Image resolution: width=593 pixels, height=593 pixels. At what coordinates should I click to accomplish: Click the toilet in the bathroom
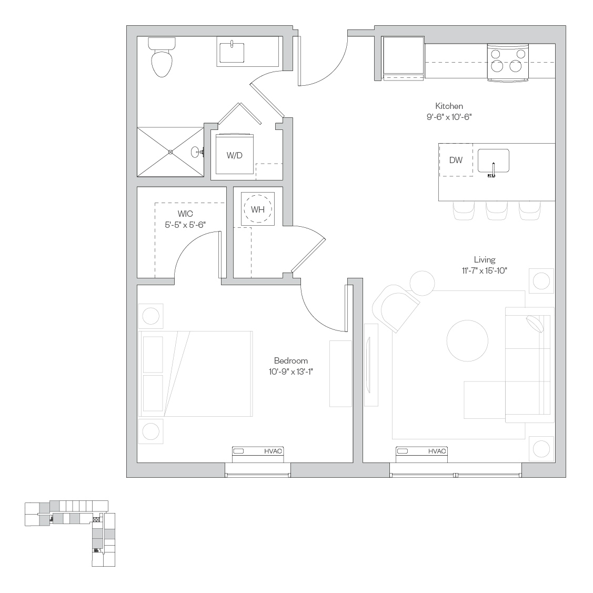pyautogui.click(x=162, y=57)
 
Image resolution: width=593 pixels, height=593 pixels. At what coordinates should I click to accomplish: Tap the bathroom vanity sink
pyautogui.click(x=232, y=53)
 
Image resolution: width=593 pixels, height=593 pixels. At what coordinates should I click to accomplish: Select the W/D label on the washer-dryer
pyautogui.click(x=235, y=155)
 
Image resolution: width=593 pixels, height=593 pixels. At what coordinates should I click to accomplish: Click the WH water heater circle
pyautogui.click(x=257, y=209)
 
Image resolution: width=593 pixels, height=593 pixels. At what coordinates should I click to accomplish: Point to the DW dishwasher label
pyautogui.click(x=456, y=160)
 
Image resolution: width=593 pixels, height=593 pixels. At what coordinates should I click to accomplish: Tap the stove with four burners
pyautogui.click(x=508, y=63)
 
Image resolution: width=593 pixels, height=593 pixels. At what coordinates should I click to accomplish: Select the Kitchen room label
pyautogui.click(x=449, y=106)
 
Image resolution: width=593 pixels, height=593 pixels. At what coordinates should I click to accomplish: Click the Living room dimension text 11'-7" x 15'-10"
pyautogui.click(x=485, y=270)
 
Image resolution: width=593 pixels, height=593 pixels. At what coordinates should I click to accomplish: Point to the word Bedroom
pyautogui.click(x=291, y=361)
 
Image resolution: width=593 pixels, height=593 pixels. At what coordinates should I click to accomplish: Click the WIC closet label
pyautogui.click(x=185, y=214)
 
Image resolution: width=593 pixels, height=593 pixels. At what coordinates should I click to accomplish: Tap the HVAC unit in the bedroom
pyautogui.click(x=257, y=454)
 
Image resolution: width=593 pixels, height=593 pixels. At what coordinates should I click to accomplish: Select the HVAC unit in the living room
pyautogui.click(x=421, y=454)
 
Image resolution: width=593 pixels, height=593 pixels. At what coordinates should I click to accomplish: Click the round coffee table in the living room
pyautogui.click(x=467, y=341)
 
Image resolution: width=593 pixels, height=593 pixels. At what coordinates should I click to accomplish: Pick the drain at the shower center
pyautogui.click(x=170, y=152)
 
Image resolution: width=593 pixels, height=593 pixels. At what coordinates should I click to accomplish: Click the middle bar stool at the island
pyautogui.click(x=496, y=210)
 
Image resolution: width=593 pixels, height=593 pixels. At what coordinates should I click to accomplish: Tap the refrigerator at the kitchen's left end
pyautogui.click(x=403, y=58)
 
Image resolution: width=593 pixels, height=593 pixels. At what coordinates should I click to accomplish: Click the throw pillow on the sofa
pyautogui.click(x=535, y=324)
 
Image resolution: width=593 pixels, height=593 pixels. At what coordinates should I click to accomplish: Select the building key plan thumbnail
pyautogui.click(x=70, y=533)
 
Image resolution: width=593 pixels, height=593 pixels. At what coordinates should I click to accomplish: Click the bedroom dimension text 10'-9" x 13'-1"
pyautogui.click(x=291, y=372)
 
